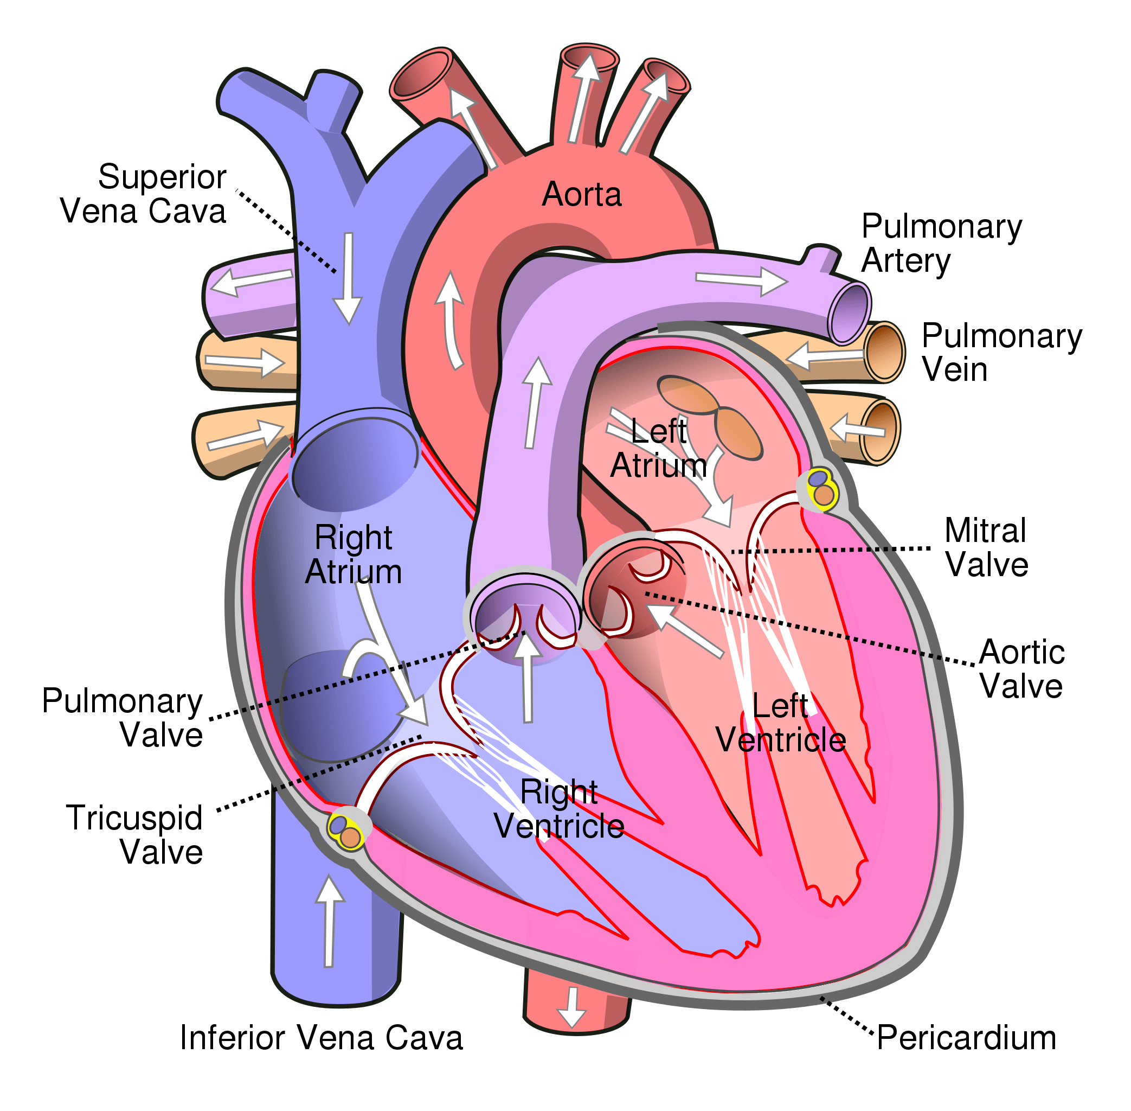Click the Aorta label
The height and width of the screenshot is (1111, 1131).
pos(582,194)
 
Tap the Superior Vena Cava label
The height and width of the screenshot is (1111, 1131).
pos(144,194)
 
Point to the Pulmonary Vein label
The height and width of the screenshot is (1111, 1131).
pos(1001,353)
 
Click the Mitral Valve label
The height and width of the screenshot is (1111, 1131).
pos(986,547)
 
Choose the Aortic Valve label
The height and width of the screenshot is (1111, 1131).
pos(1022,669)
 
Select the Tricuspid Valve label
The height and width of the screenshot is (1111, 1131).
pos(135,834)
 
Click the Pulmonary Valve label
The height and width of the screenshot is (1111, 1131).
pos(123,717)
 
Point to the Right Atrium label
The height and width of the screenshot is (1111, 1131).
pos(354,554)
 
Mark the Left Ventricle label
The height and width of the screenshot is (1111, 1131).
pos(781,723)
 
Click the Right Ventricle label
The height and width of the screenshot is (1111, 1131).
pos(559,809)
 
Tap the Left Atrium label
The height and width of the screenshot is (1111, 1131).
pos(659,449)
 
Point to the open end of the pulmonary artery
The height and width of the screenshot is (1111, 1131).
pos(850,315)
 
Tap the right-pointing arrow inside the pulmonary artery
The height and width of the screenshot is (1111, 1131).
pos(741,280)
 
